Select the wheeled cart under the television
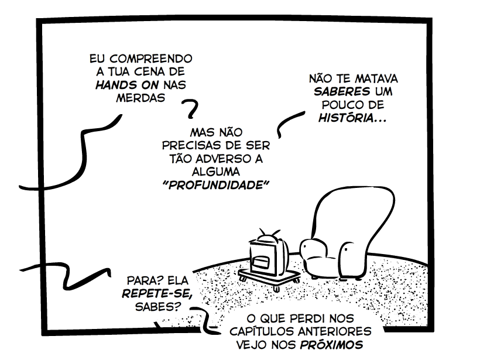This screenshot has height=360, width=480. point(271,276)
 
